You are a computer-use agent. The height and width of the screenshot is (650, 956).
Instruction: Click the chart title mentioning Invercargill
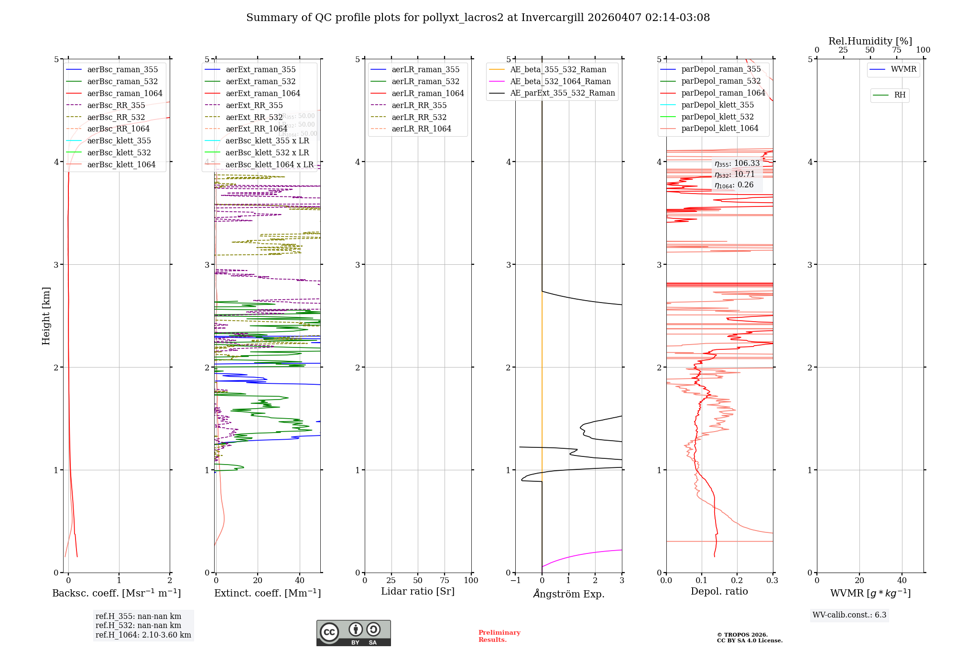click(x=478, y=18)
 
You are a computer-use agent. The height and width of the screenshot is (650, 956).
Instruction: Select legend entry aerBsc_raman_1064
click(x=125, y=94)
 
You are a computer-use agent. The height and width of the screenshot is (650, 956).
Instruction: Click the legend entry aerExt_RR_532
click(x=254, y=117)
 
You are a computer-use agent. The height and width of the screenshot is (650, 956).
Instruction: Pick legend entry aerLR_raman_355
click(x=425, y=70)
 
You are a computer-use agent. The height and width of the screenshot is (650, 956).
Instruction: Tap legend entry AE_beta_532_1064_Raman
click(x=560, y=82)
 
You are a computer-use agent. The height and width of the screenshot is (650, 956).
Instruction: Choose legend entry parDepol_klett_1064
click(x=720, y=129)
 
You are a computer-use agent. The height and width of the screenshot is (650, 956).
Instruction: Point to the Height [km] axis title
click(x=46, y=316)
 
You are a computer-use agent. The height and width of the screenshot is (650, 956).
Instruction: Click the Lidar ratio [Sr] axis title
click(x=418, y=592)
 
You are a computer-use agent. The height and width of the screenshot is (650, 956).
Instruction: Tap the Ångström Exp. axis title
click(x=569, y=594)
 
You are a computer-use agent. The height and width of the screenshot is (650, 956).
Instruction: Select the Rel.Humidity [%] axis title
click(x=870, y=41)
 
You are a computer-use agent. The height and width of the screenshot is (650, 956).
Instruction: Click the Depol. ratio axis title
click(x=719, y=592)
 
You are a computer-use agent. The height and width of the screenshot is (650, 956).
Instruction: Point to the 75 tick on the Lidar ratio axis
click(x=445, y=581)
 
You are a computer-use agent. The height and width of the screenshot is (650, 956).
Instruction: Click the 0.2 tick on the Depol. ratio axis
click(x=737, y=581)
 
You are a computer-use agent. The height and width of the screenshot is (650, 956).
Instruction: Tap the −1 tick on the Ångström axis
click(x=515, y=581)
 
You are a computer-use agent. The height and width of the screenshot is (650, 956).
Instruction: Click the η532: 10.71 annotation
click(x=735, y=174)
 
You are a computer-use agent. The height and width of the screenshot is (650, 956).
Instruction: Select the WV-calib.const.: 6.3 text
click(x=849, y=615)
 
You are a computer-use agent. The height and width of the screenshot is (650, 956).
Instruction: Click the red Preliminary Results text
click(x=499, y=636)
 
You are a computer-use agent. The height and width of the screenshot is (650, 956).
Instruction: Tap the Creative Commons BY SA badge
click(x=353, y=633)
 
